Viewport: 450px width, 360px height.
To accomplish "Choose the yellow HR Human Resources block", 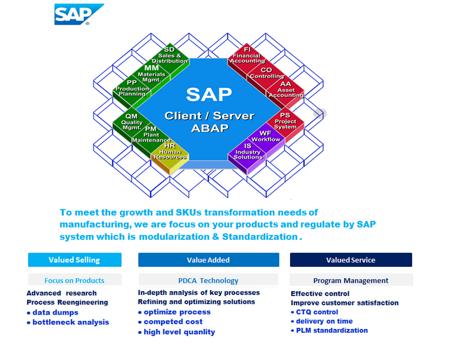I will coord(170,152).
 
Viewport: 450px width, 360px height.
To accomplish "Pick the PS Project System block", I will coord(285,121).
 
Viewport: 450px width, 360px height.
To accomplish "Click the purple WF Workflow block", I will coord(266,136).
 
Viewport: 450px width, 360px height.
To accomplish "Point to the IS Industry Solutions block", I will coord(247,152).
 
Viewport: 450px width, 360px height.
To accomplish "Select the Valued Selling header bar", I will coord(75,260).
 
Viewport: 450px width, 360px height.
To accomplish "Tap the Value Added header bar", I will coord(208,260).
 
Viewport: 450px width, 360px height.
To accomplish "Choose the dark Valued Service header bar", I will coord(351,260).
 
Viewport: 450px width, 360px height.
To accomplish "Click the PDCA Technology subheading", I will coord(208,280).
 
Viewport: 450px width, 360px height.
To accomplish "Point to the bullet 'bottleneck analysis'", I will coord(71,322).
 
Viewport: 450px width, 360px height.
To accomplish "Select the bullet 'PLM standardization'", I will coord(332,330).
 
